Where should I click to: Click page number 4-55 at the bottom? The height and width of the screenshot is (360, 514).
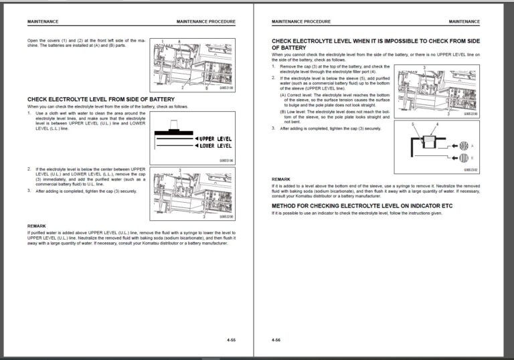tap(231, 341)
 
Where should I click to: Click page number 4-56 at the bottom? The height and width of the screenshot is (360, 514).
tap(276, 341)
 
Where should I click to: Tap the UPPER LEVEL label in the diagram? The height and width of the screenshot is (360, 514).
tap(214, 139)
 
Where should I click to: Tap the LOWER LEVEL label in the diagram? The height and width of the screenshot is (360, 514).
tap(214, 145)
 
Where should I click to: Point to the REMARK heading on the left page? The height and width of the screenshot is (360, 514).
tap(37, 226)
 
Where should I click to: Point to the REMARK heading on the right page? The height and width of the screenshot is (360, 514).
tap(281, 179)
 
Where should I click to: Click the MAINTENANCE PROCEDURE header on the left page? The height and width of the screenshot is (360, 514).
tap(205, 21)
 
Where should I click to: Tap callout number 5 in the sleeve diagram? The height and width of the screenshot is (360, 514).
tap(413, 125)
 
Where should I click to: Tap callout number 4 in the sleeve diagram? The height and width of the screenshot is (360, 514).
tap(437, 125)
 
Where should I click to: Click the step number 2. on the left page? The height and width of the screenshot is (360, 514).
tap(29, 169)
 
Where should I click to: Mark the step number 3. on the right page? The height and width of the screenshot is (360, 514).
tap(274, 128)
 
